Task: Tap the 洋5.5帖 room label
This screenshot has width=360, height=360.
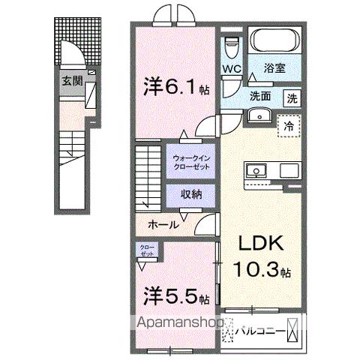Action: [175, 297]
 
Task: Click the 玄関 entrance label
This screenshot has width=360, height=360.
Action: [73, 81]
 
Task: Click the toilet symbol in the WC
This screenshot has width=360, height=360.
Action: [232, 46]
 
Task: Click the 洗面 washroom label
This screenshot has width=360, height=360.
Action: [260, 97]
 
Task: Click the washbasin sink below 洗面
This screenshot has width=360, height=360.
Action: [260, 115]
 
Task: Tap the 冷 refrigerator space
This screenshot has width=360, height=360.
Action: [288, 126]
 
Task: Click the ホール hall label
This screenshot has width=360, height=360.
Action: [163, 224]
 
